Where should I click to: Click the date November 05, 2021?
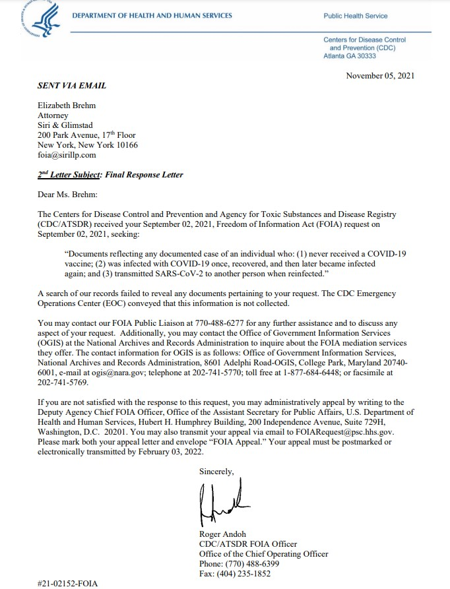[380, 76]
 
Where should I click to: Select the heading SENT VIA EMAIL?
[72, 86]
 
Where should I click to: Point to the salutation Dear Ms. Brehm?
[67, 194]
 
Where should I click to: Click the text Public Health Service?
[356, 16]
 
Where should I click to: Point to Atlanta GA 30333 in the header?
[350, 56]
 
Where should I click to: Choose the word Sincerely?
[216, 470]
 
